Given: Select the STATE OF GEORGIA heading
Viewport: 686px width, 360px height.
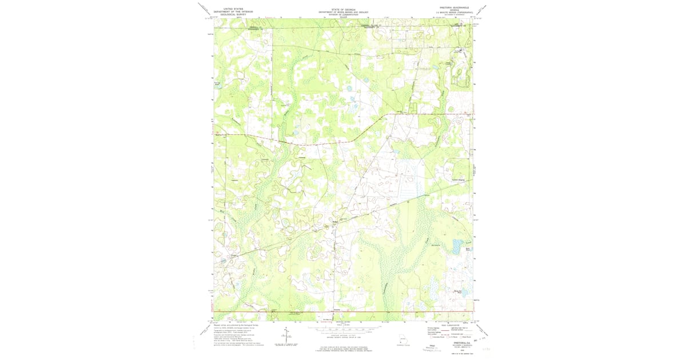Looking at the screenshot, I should click(x=342, y=9).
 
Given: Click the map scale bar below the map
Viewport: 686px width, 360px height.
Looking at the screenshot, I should click(x=342, y=330).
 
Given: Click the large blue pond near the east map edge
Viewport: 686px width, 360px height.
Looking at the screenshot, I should click(x=457, y=247).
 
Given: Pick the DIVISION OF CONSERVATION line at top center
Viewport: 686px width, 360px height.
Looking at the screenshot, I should click(x=342, y=14).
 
